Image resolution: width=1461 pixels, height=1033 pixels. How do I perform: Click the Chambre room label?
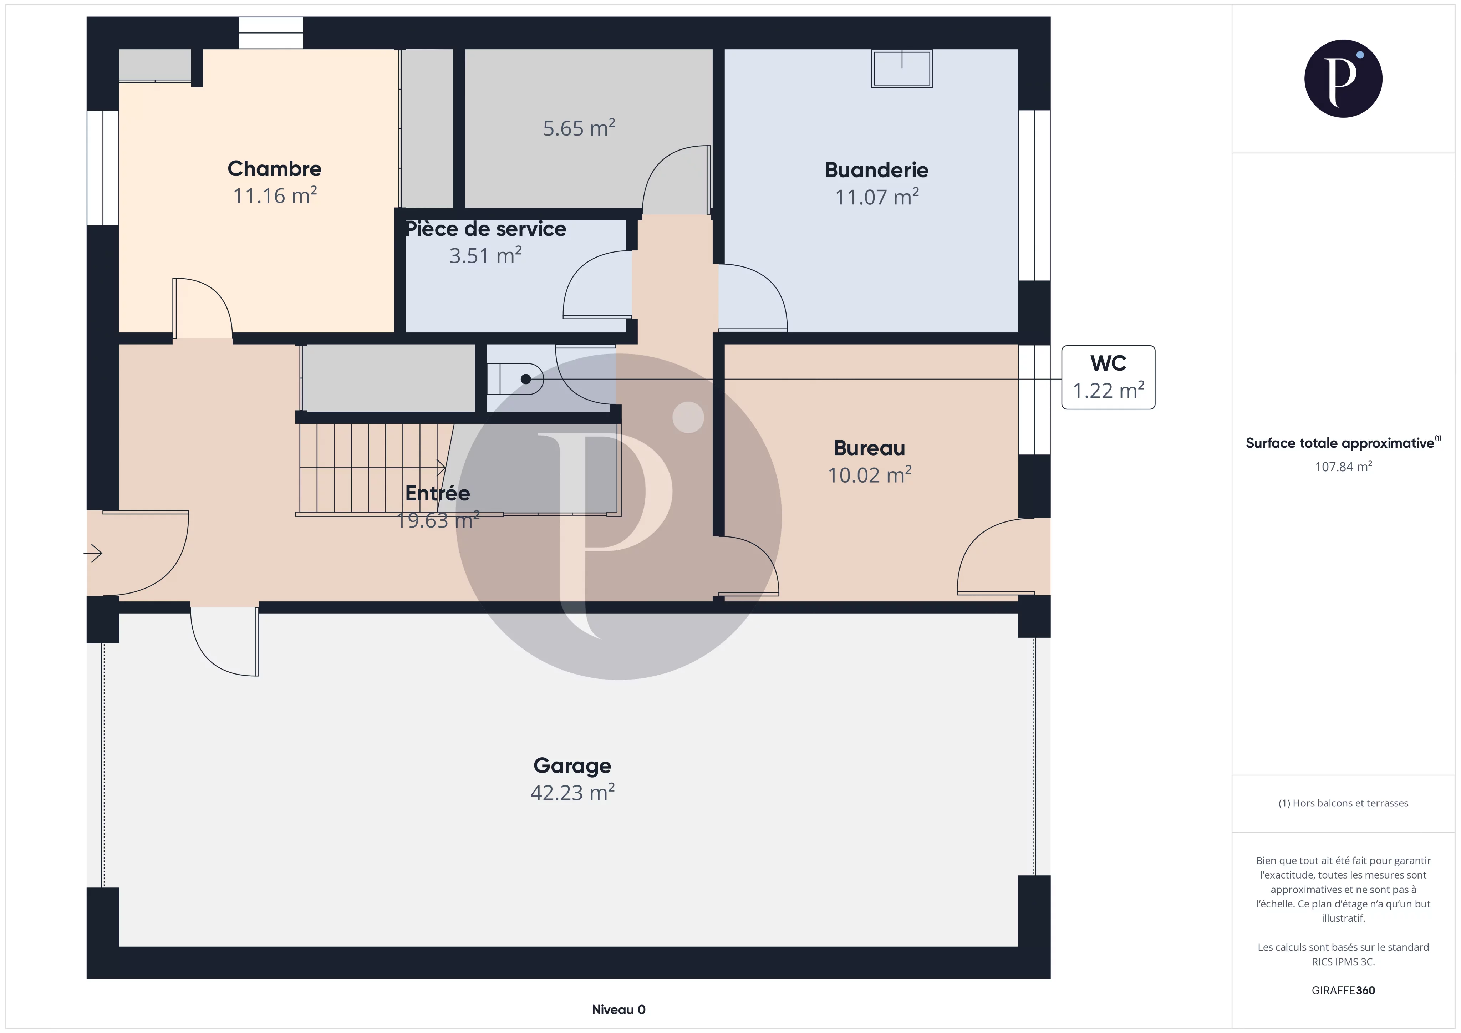coord(274,169)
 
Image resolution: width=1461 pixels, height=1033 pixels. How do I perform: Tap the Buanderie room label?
coord(876,170)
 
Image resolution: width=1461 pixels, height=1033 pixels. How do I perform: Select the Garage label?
coord(572,766)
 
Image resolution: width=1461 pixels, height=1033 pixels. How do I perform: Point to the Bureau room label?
coord(869,448)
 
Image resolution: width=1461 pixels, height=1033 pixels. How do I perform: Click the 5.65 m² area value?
coord(579,128)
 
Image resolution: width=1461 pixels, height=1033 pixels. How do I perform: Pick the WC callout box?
coord(1108,377)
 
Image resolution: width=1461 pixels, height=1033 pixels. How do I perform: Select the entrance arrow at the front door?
coord(93,554)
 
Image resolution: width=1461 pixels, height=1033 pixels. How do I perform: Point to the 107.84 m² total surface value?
coord(1343,467)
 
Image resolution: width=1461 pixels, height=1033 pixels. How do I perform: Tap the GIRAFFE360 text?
coord(1343,990)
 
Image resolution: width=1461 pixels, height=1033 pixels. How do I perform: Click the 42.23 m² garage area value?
coord(572,793)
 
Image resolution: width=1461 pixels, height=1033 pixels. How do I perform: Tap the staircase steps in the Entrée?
coord(376,468)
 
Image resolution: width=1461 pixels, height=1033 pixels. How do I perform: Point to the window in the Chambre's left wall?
coord(102,168)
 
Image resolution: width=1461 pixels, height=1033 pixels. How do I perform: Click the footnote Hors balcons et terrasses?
coord(1343,803)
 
